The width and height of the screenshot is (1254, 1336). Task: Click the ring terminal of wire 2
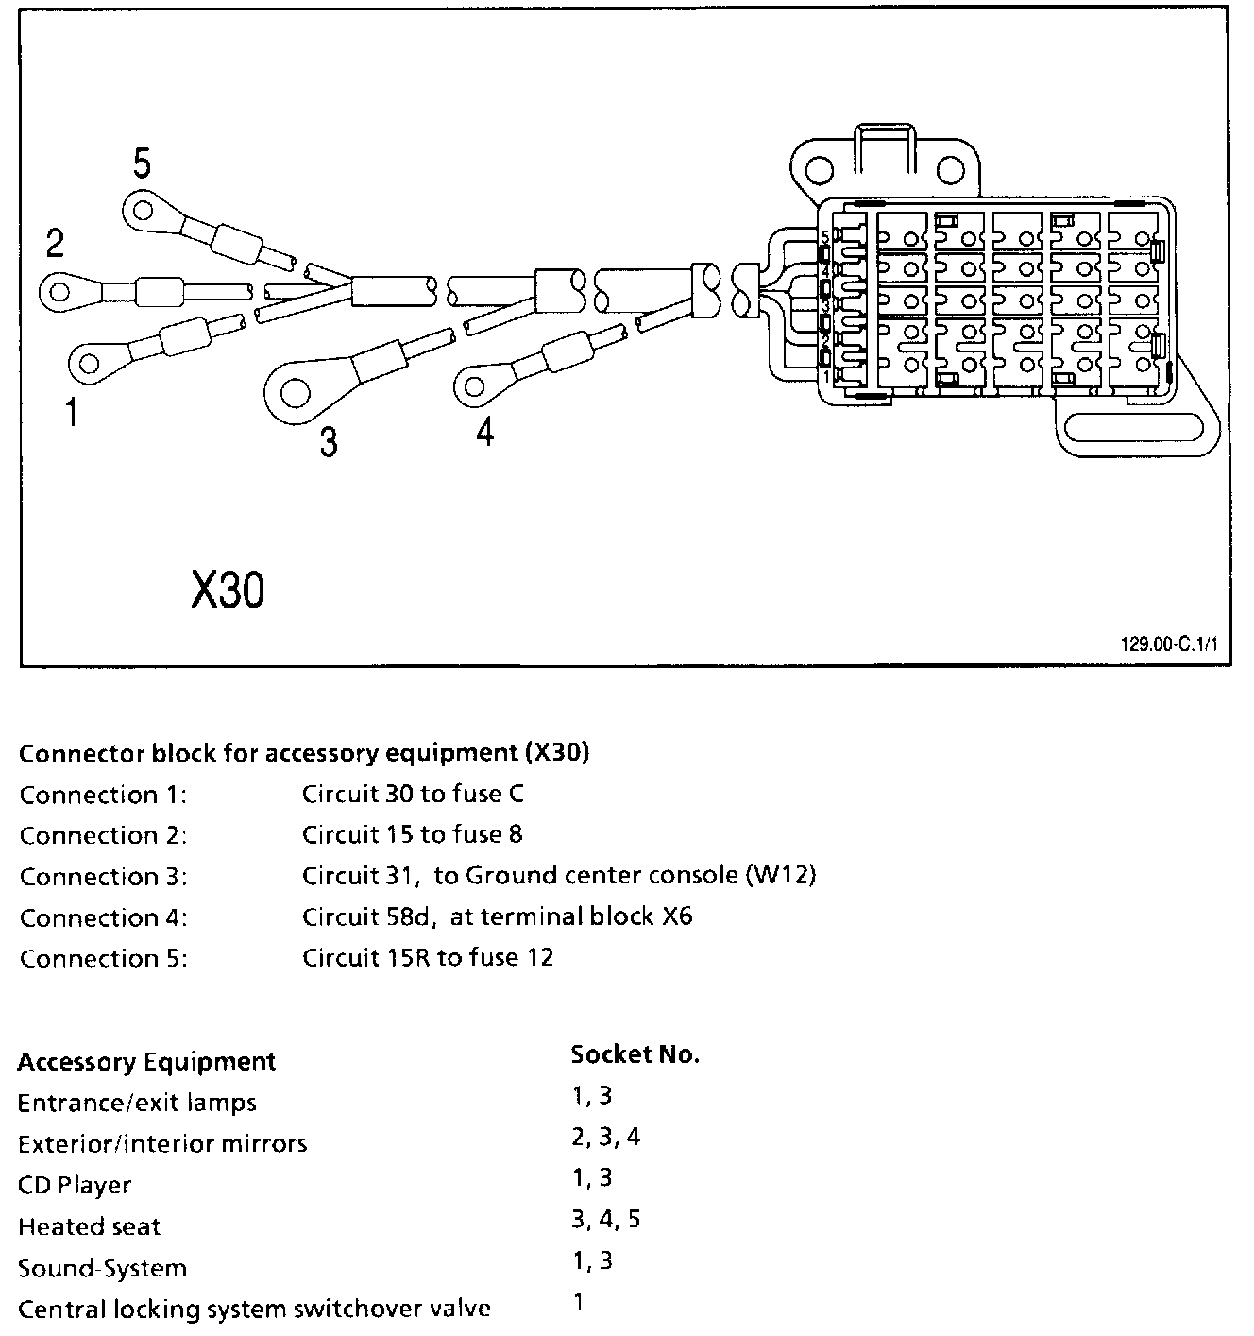coord(61,291)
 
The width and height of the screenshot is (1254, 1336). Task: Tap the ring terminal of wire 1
coord(92,362)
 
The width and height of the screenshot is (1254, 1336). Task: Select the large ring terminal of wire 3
coord(295,391)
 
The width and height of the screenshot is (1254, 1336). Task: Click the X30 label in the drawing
coord(228,591)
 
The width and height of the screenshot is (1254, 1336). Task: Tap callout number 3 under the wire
coord(328,441)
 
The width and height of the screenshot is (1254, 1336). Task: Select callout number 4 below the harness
coord(484,433)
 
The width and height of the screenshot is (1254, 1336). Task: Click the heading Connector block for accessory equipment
coord(304,753)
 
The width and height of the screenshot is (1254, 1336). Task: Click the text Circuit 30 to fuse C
coord(413,794)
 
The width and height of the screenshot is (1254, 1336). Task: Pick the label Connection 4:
coord(103,917)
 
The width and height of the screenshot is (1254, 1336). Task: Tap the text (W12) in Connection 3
coord(781,875)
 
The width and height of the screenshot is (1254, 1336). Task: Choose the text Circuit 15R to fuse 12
coord(427,957)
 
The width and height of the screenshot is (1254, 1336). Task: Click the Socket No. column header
coord(635,1054)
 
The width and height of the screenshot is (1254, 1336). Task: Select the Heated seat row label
coord(89,1226)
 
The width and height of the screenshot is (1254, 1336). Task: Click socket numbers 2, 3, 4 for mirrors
coord(605,1137)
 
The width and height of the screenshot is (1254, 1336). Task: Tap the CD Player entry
coord(75,1185)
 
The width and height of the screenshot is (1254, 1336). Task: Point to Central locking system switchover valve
coord(254,1310)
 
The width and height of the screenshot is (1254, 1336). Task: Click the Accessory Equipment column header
coord(146,1062)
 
